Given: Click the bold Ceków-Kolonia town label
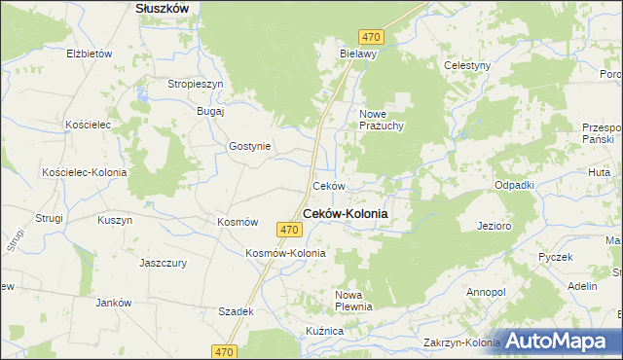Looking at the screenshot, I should click(x=346, y=214).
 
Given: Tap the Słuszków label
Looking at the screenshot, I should click(x=161, y=7).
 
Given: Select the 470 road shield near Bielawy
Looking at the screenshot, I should click(x=370, y=37).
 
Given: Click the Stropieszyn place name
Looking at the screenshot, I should click(x=196, y=85).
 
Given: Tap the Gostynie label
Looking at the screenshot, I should click(x=251, y=146).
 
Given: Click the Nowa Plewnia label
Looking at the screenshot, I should click(x=354, y=301).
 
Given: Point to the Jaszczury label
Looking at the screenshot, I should click(x=163, y=263).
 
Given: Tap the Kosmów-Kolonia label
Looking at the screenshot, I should click(x=285, y=253).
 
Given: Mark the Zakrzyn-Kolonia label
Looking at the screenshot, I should click(x=461, y=343).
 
